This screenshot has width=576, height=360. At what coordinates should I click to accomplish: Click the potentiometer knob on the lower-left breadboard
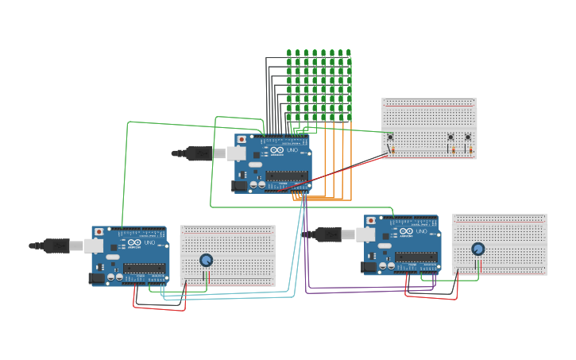click(x=206, y=260)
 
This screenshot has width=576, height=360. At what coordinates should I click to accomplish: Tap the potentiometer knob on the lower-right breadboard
click(x=477, y=249)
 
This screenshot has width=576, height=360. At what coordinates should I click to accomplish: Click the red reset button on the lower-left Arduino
click(x=99, y=233)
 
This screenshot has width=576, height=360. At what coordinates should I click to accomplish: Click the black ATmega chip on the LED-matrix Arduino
click(x=286, y=176)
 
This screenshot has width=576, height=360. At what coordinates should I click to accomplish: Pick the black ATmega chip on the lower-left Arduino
click(x=144, y=269)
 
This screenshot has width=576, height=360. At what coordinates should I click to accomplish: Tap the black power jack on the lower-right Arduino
click(x=369, y=267)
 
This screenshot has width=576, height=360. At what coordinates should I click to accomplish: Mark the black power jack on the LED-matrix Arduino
click(x=238, y=186)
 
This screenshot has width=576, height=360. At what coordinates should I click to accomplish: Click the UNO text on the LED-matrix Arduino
click(x=292, y=150)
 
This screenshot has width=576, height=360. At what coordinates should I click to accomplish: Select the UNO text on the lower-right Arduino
click(x=420, y=231)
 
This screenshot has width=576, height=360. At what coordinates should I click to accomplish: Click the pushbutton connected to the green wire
click(x=390, y=137)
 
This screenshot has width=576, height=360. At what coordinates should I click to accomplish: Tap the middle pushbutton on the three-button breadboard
click(x=451, y=137)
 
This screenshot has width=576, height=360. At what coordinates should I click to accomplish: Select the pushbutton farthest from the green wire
click(x=468, y=137)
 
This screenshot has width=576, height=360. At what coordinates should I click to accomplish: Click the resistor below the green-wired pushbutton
click(x=391, y=149)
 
